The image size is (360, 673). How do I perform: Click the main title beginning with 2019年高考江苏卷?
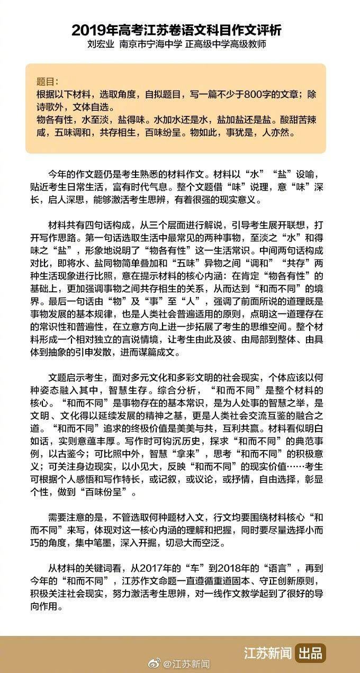[180, 30]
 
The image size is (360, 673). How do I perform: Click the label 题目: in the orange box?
[48, 82]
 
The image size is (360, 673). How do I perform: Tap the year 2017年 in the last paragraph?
[164, 568]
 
